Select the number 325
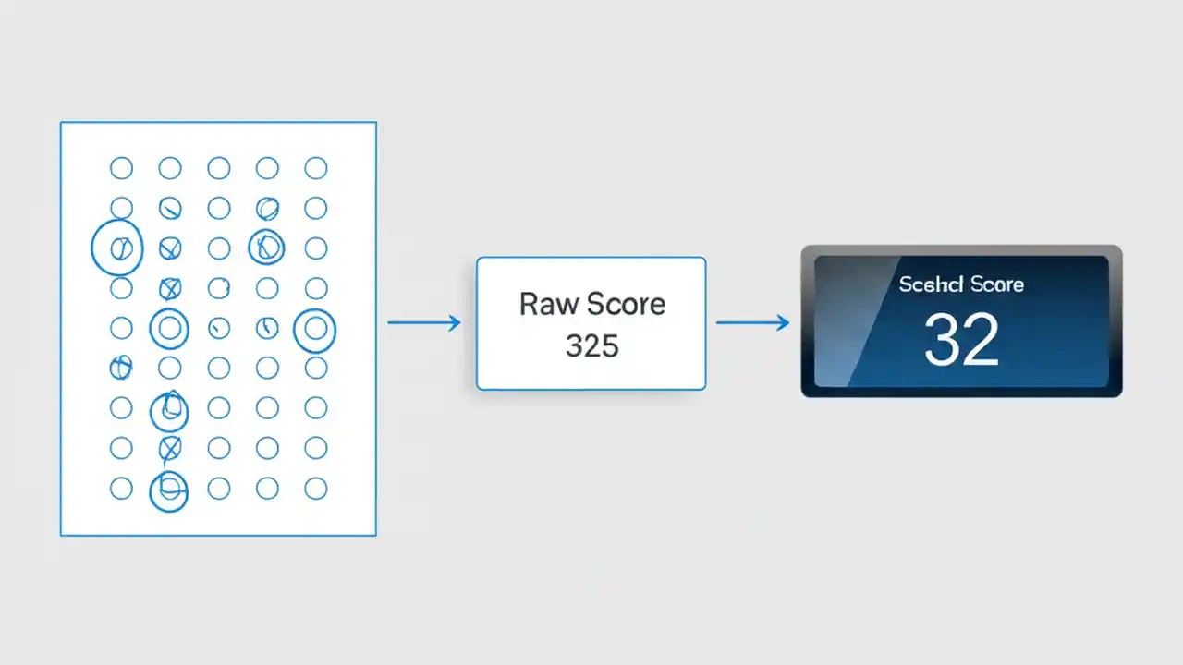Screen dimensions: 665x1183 pos(591,346)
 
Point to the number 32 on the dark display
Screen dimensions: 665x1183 pos(961,339)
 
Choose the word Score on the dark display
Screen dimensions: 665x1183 pos(996,284)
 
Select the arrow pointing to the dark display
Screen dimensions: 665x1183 pos(752,322)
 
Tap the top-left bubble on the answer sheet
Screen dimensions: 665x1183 pos(121,168)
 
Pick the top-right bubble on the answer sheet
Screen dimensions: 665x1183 pos(316,168)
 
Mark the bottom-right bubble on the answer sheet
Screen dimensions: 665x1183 pos(316,489)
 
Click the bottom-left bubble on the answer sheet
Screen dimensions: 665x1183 pos(121,489)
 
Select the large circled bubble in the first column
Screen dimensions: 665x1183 pos(117,248)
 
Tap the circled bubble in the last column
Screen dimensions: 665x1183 pos(314,330)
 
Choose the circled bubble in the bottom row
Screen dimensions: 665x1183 pos(169,490)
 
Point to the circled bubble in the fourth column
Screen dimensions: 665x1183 pos(266,247)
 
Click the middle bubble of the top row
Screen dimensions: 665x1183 pos(219,168)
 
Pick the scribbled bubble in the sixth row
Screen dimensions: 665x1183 pos(120,368)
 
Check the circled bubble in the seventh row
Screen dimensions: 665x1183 pos(169,410)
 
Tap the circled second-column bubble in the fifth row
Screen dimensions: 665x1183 pos(169,328)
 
